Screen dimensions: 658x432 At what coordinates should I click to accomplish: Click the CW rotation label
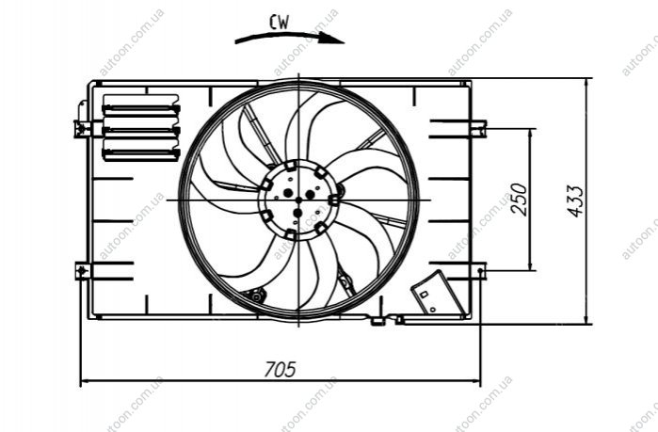tap(279, 23)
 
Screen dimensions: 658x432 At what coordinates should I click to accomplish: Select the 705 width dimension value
tap(280, 370)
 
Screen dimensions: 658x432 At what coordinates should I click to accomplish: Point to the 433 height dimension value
tap(575, 200)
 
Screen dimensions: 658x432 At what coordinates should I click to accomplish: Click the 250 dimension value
tap(519, 200)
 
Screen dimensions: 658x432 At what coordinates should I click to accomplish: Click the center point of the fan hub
tap(298, 200)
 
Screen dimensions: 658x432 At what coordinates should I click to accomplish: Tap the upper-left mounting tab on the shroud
tap(82, 128)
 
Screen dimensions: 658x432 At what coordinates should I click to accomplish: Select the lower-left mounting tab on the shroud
tap(83, 271)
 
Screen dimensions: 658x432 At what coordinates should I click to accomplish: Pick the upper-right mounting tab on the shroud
tap(479, 129)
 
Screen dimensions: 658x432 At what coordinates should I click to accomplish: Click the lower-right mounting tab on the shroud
tap(479, 271)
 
